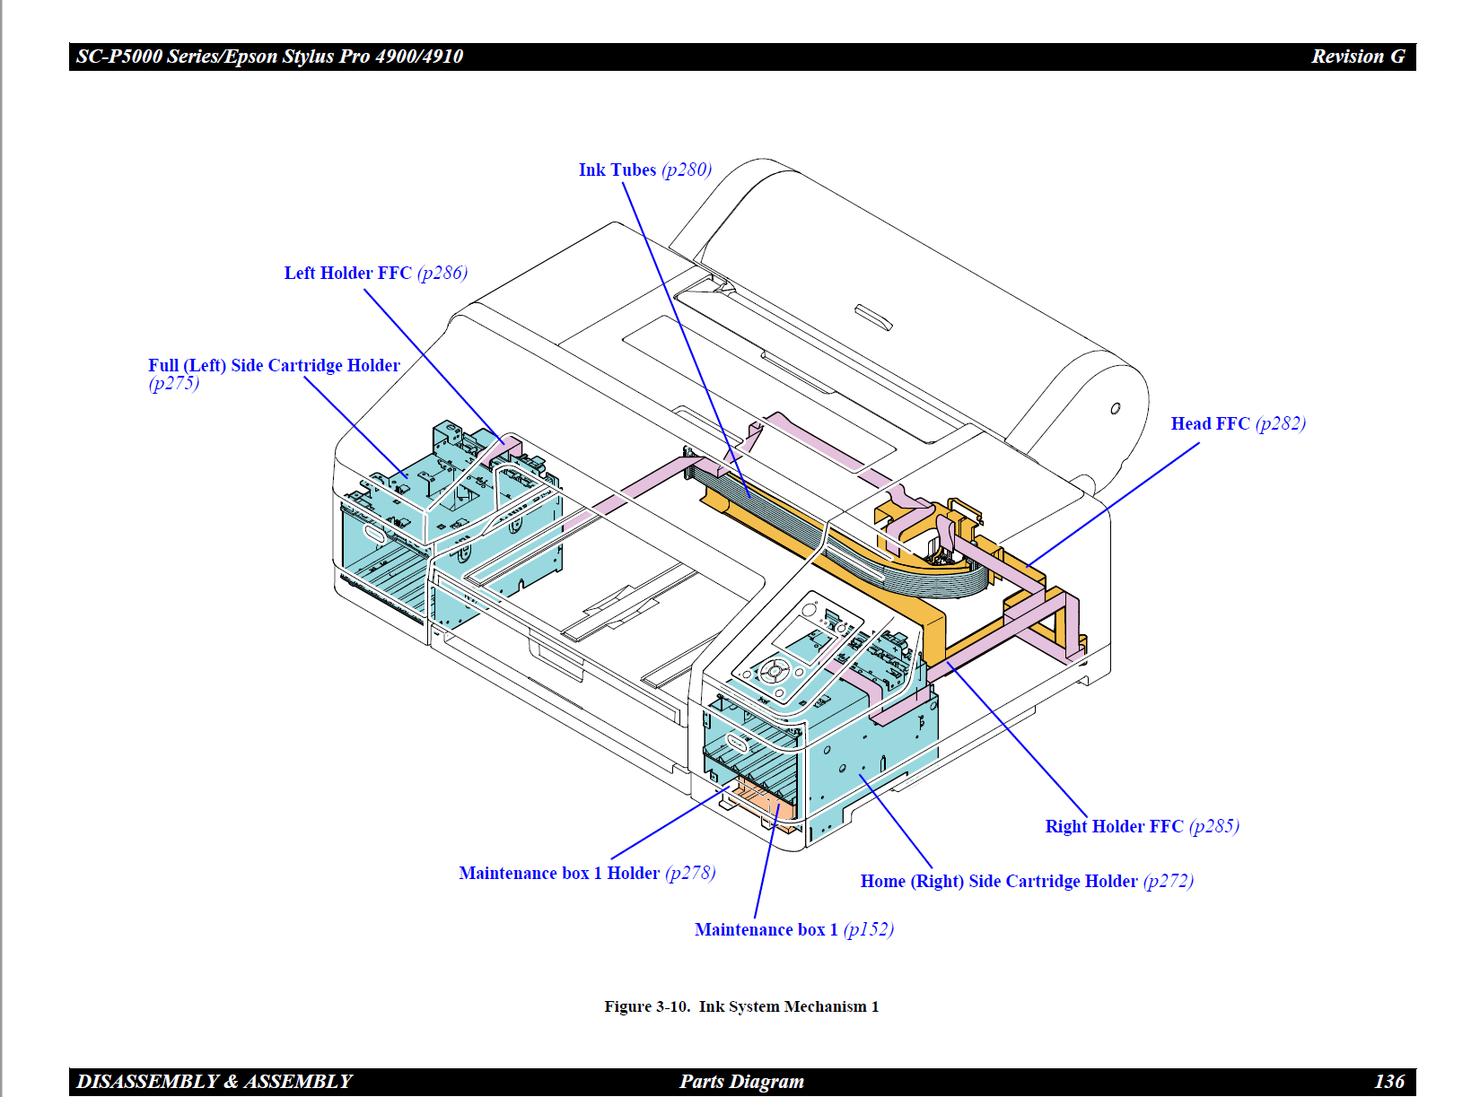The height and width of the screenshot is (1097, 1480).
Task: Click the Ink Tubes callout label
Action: tap(617, 170)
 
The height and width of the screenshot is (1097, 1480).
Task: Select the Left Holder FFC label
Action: tap(348, 274)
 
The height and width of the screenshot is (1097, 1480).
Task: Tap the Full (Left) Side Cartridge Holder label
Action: tap(274, 366)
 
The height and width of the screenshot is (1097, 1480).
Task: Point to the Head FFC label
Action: tap(1210, 424)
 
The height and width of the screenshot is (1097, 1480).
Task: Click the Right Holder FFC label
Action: tap(1114, 827)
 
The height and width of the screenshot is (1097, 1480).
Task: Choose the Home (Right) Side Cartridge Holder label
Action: tap(998, 882)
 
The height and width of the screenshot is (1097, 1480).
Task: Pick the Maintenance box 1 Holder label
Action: tap(559, 874)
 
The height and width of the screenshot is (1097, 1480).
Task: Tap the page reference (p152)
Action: tap(869, 930)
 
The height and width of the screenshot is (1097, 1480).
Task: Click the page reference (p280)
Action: tap(687, 170)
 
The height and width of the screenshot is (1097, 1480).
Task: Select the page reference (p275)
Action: tap(173, 384)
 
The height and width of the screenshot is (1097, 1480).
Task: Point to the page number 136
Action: tap(1388, 1082)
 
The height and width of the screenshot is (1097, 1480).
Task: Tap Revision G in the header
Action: tap(1358, 57)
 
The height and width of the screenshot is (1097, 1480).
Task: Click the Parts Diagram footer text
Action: tap(741, 1082)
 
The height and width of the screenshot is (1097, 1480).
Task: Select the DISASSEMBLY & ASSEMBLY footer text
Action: tap(215, 1082)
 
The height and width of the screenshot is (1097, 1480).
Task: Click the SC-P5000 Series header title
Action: tap(269, 57)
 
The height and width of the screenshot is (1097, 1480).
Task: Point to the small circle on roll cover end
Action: tap(1115, 409)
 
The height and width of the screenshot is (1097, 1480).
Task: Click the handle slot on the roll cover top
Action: tap(873, 318)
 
